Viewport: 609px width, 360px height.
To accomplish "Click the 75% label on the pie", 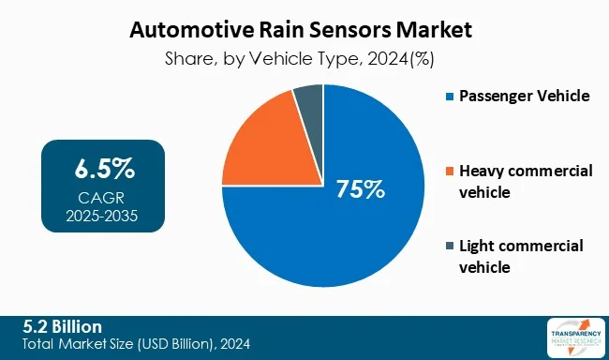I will coord(361,188).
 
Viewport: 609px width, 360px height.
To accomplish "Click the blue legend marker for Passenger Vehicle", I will coord(450,97).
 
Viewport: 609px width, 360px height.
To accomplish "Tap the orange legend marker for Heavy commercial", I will coord(450,172).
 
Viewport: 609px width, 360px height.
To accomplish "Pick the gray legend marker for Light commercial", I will coord(450,247).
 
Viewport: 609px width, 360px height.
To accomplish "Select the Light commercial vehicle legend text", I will coord(521,256).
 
